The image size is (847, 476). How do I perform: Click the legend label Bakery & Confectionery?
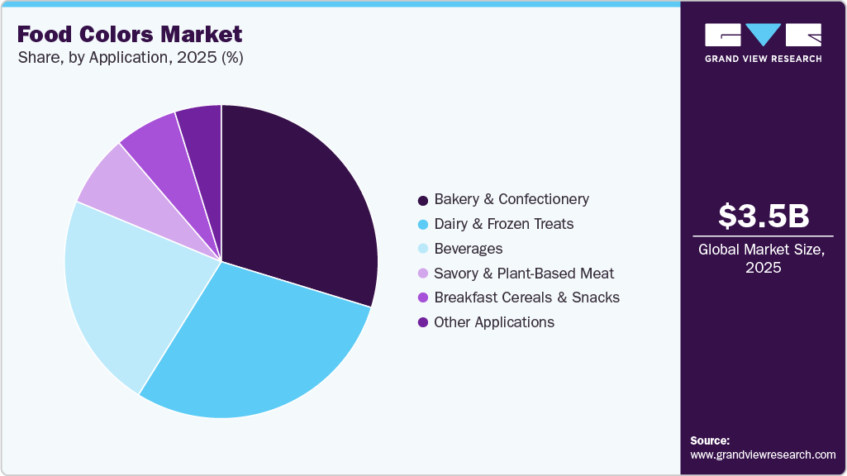click(512, 199)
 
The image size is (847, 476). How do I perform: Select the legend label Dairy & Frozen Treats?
click(503, 224)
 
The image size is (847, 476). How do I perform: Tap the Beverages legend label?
click(468, 249)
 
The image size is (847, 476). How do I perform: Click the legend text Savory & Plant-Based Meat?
click(524, 273)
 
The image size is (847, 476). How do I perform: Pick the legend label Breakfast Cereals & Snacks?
click(526, 297)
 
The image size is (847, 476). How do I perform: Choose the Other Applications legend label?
click(494, 322)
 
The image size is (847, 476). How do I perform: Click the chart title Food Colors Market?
click(130, 34)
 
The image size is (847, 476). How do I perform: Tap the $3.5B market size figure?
click(763, 216)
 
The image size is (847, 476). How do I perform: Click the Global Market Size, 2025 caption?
click(763, 258)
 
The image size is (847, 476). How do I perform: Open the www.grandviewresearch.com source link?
click(763, 455)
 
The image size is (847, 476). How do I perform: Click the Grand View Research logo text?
click(763, 59)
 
